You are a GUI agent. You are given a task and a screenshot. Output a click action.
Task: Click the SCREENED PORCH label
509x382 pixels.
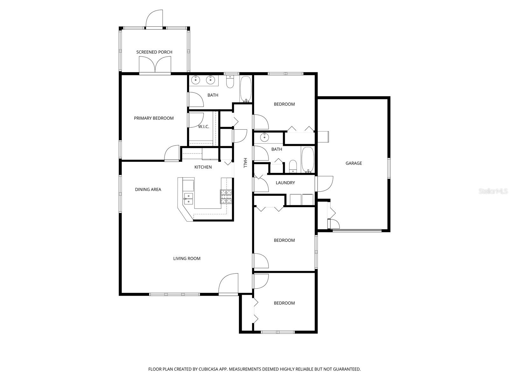[x=154, y=52]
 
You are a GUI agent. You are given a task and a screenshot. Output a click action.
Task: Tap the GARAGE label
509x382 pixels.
[x=354, y=163]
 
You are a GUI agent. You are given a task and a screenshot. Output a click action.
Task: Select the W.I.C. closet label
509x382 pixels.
[x=204, y=127]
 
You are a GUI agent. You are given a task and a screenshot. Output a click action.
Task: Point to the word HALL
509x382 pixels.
[x=245, y=163]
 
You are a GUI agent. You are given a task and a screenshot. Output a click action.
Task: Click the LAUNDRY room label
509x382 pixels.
[x=285, y=183]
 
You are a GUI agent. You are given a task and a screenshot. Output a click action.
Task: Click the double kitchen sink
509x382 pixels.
[x=188, y=198]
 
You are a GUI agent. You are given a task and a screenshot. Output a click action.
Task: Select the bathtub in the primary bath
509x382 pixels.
[x=246, y=89]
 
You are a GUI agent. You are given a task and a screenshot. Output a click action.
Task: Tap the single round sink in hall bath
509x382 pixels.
[x=264, y=138]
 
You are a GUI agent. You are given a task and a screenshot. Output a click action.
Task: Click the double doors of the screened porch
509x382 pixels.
[x=155, y=65]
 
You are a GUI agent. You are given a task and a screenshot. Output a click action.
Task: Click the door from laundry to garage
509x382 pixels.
[x=324, y=184]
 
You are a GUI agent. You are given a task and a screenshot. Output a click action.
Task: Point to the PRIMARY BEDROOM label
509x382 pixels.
[x=154, y=118]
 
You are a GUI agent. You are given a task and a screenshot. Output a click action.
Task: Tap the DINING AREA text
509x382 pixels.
[x=148, y=189]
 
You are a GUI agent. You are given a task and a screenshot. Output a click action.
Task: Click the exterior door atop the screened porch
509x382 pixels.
[x=155, y=19]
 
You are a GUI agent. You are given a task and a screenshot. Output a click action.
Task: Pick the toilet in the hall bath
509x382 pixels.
[x=293, y=166]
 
